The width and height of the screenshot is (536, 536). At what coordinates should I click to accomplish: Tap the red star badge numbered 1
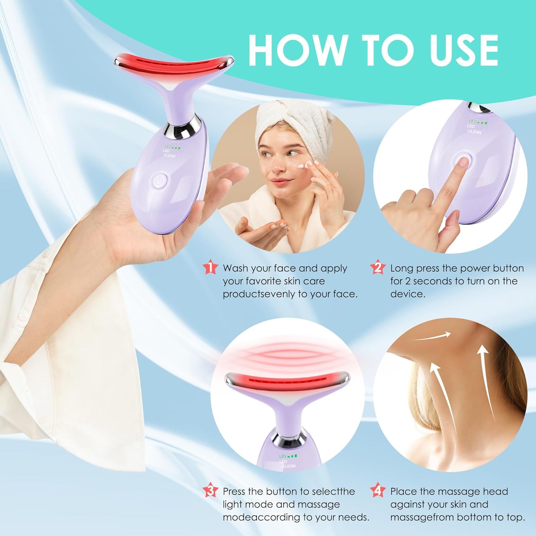210,267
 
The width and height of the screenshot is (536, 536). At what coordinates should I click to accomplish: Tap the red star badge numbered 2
378,267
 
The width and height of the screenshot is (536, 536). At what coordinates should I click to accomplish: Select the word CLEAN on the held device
170,155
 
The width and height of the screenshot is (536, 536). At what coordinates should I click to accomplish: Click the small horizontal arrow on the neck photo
432,336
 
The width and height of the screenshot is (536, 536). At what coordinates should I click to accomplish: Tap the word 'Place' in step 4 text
404,491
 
